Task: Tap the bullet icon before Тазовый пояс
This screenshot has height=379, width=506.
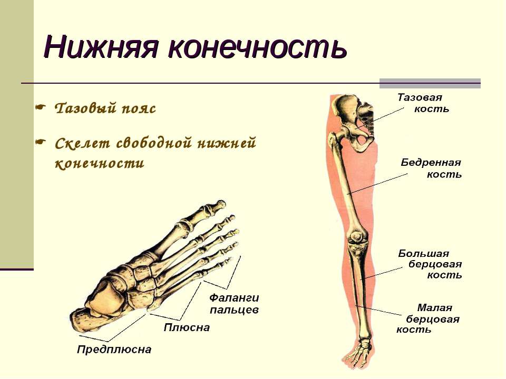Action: (40, 107)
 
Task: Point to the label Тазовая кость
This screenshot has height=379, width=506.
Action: (423, 103)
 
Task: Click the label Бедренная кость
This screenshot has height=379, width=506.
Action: (431, 168)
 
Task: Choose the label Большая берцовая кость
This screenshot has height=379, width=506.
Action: (430, 264)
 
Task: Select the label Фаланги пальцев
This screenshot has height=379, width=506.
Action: (234, 304)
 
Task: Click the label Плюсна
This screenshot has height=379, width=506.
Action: (187, 327)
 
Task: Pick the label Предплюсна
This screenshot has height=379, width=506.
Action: (114, 350)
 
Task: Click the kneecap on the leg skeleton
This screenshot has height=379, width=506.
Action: (358, 237)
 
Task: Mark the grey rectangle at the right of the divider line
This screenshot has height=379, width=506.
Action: (430, 83)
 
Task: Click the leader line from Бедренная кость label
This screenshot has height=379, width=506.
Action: (378, 184)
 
